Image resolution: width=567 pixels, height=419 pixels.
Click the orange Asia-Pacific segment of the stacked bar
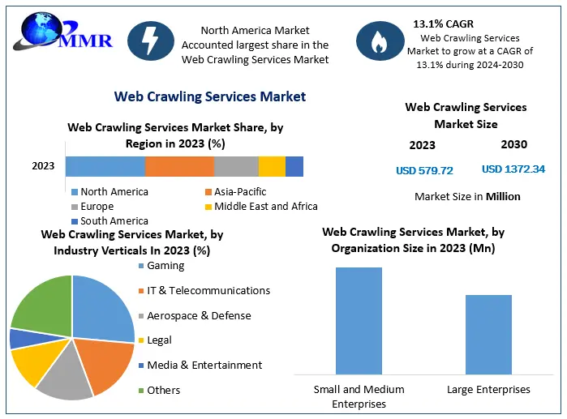pyautogui.click(x=179, y=166)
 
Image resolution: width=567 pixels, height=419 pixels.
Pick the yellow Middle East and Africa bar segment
pyautogui.click(x=272, y=166)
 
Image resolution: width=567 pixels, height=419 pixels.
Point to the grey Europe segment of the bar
pyautogui.click(x=236, y=166)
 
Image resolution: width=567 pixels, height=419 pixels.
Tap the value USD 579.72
pyautogui.click(x=424, y=170)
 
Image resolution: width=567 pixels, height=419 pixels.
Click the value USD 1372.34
pyautogui.click(x=513, y=169)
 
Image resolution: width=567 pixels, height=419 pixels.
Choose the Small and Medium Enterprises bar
pyautogui.click(x=359, y=320)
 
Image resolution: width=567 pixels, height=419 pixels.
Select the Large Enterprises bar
pyautogui.click(x=488, y=334)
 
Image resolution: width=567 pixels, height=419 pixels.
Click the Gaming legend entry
pyautogui.click(x=165, y=266)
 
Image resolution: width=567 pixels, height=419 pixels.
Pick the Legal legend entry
pyautogui.click(x=159, y=340)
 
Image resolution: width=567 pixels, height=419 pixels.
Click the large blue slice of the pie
pyautogui.click(x=103, y=308)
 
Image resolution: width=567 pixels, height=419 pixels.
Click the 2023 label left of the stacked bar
pyautogui.click(x=43, y=166)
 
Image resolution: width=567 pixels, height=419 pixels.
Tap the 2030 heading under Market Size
pyautogui.click(x=513, y=144)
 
